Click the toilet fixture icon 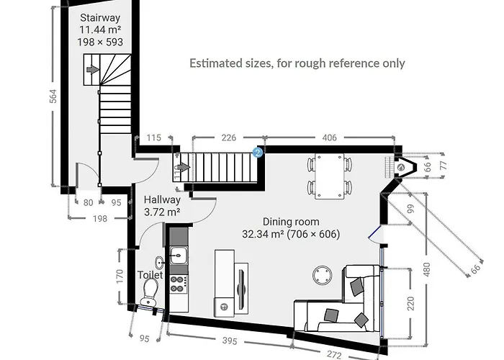point(150,290)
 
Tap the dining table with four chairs point(330,176)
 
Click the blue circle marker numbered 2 point(258,152)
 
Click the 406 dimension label point(330,138)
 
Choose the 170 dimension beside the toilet point(120,275)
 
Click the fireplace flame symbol point(401,166)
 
